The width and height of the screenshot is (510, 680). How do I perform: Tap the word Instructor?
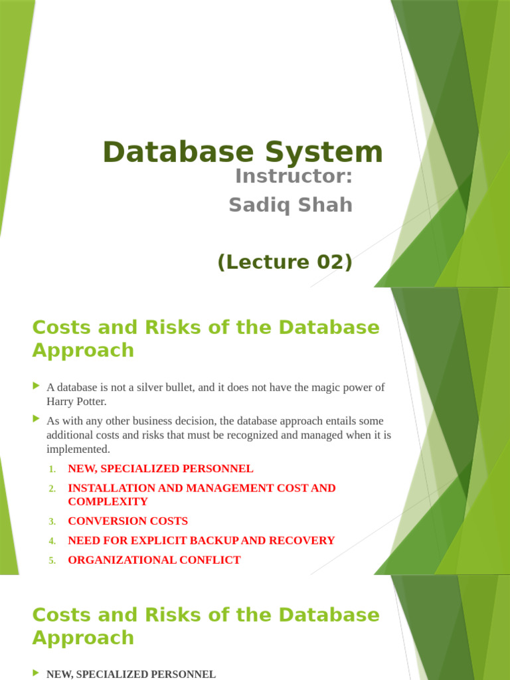point(293,178)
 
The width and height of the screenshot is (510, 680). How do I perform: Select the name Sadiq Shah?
point(290,205)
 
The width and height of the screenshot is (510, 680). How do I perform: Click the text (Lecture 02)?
point(284,262)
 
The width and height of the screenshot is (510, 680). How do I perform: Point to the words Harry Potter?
point(76,402)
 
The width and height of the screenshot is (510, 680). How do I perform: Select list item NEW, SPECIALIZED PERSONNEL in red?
point(161,469)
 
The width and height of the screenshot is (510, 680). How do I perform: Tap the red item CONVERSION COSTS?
point(127,521)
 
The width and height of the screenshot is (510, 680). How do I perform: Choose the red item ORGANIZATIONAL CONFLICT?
point(154,560)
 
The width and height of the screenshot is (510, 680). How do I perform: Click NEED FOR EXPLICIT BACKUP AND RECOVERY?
point(201,541)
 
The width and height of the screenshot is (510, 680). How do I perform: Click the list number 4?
point(52,541)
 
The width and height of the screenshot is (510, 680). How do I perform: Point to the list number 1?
point(52,469)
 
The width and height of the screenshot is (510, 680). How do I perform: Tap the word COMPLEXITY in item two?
point(108,501)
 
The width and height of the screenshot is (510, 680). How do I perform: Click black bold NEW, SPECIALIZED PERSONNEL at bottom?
point(131,674)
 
